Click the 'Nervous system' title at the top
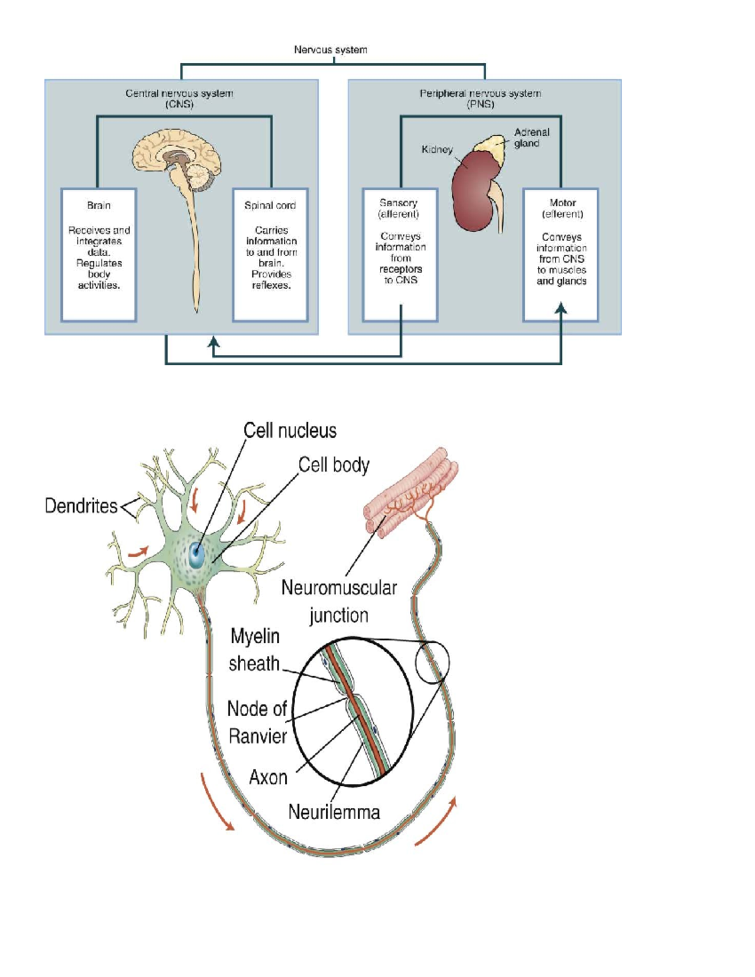[x=330, y=50]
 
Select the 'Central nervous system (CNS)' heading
[x=179, y=99]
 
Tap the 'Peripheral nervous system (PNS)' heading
[x=480, y=99]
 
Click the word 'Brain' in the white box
[x=99, y=206]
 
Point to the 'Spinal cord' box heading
[x=270, y=206]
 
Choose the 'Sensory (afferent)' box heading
[x=399, y=208]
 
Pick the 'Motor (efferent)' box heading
[x=562, y=208]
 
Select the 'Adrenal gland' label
[x=531, y=138]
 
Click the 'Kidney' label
[x=437, y=150]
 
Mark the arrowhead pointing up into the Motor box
[x=561, y=308]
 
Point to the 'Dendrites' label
[x=81, y=506]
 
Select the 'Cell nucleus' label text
[x=290, y=431]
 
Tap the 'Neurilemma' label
[x=334, y=812]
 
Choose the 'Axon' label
[x=268, y=778]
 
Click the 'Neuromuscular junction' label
[x=339, y=601]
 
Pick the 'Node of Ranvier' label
[x=257, y=722]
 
